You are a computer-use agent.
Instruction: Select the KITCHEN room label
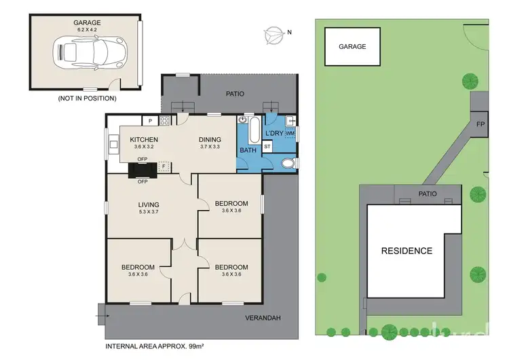144,140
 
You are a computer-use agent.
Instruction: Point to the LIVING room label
148,204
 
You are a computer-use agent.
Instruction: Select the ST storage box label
267,146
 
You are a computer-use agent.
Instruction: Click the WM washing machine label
290,133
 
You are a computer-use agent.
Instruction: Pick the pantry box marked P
151,121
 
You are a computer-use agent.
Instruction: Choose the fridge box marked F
163,165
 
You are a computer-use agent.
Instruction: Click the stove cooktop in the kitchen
164,121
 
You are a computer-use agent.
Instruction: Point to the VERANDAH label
264,317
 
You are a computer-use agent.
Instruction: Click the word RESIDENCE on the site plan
407,251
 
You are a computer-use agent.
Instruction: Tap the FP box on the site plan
480,124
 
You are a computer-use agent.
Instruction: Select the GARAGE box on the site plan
352,47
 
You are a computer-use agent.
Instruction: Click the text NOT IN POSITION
88,98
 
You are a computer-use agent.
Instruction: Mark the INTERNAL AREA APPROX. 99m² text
155,346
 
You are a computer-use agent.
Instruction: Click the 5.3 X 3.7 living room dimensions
148,212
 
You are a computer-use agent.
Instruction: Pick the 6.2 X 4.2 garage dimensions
87,30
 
